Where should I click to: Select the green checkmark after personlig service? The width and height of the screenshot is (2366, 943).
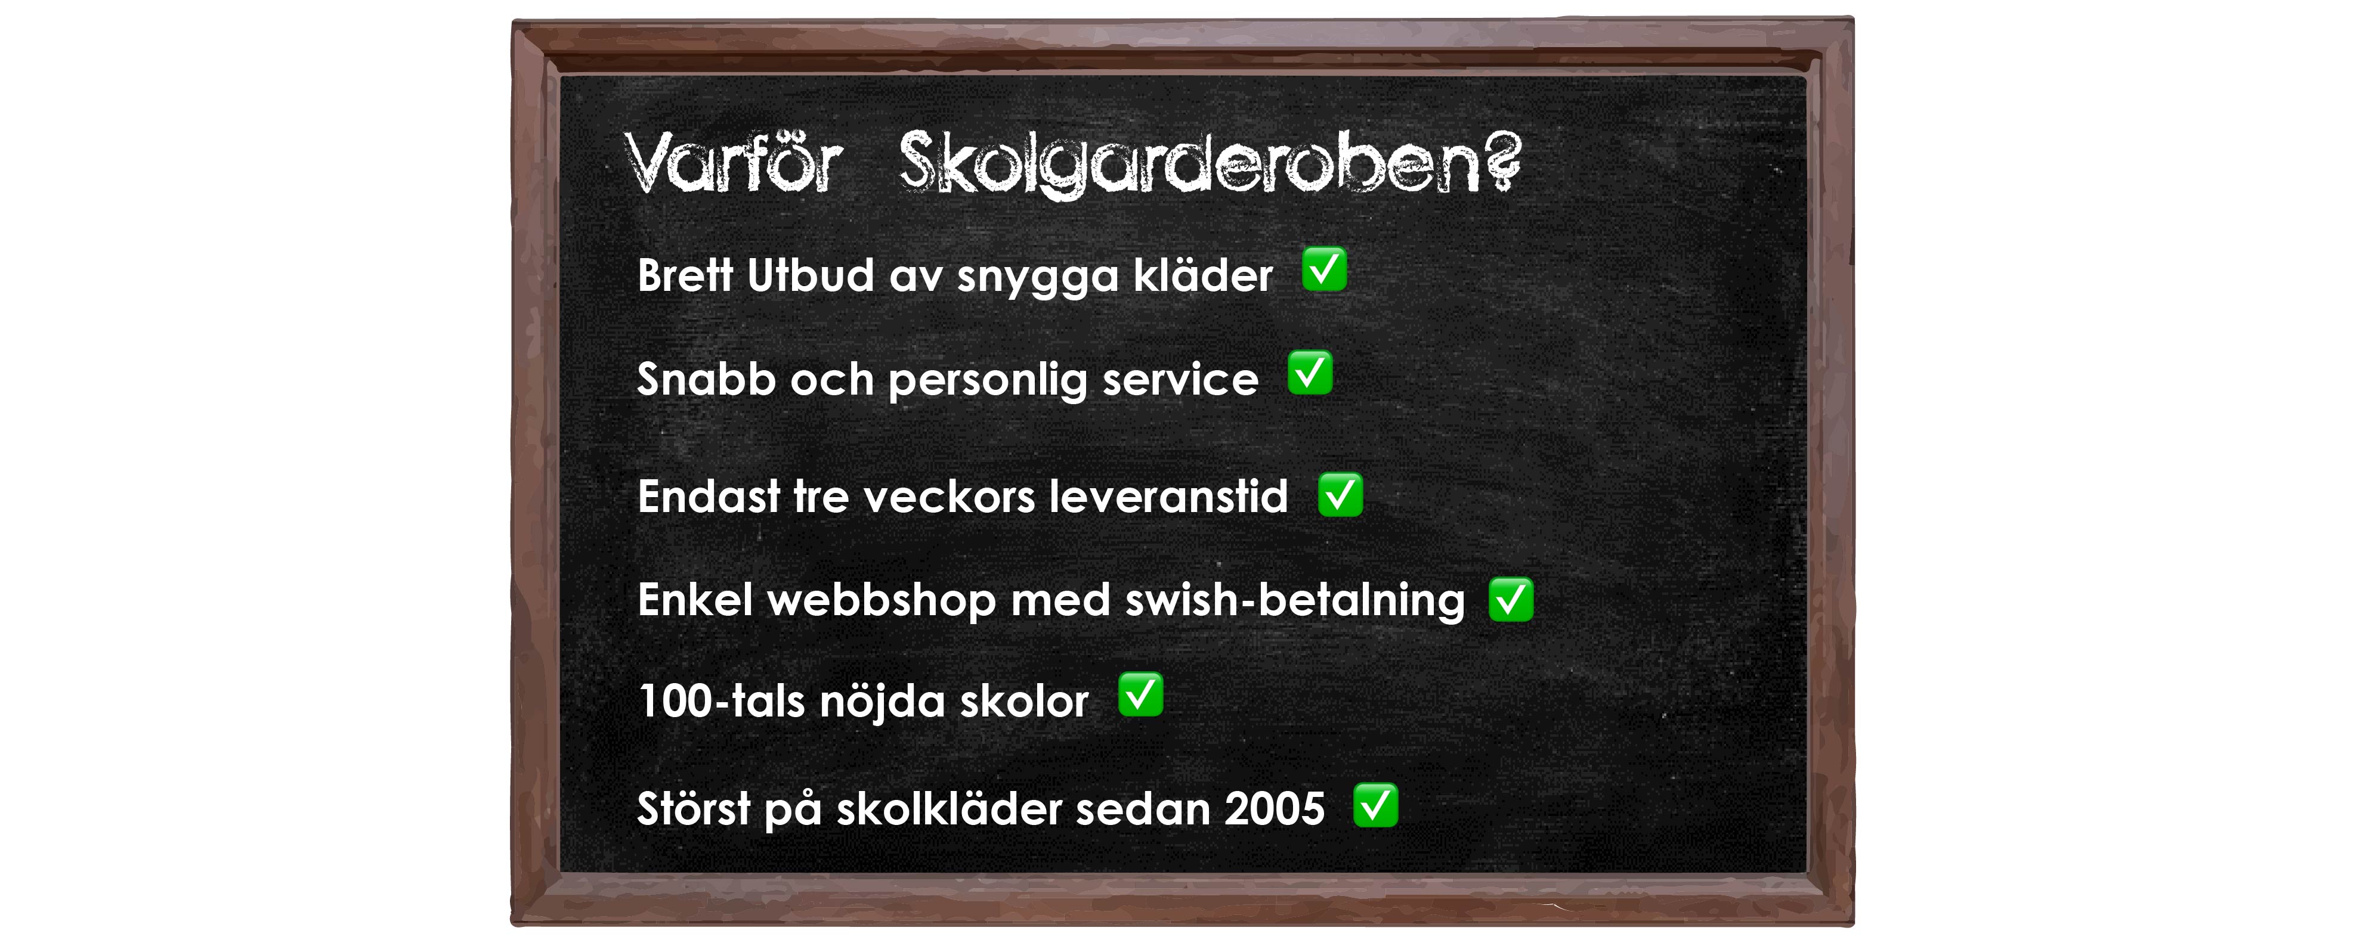coord(1310,373)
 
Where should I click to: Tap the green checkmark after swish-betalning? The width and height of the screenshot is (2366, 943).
coord(1511,600)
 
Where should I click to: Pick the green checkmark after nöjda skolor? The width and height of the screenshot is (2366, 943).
coord(1140,695)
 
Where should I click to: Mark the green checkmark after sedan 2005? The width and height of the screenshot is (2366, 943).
coord(1375,806)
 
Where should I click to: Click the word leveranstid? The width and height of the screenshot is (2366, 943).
coord(1168,497)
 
